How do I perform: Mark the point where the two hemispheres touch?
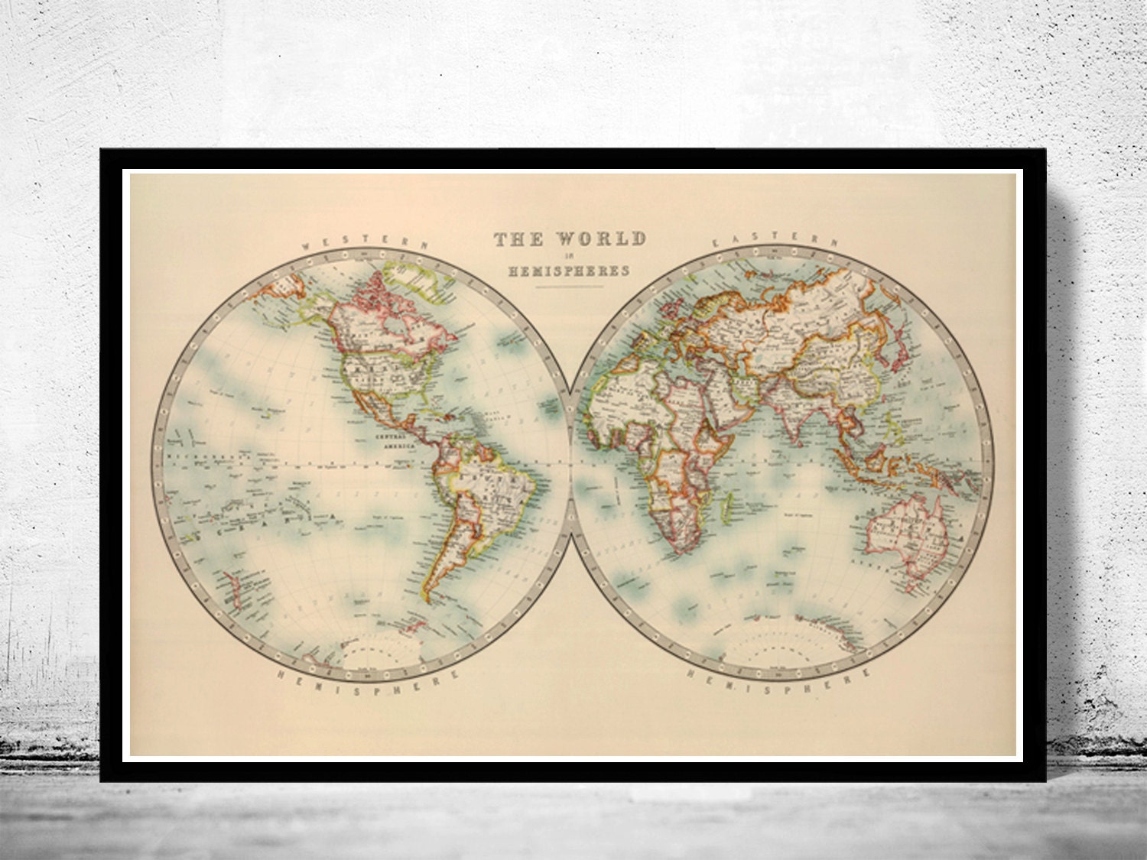[x=573, y=464]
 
